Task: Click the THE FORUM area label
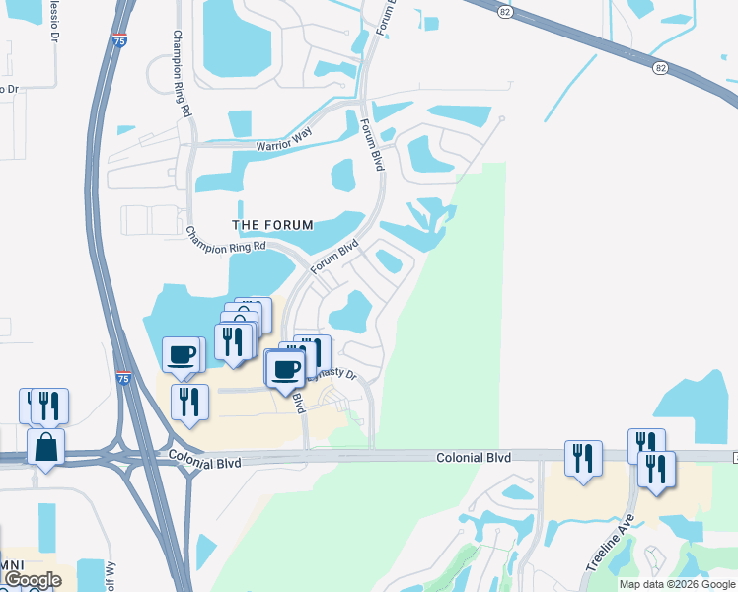272,225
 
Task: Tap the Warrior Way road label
283,146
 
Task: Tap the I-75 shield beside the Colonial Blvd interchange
122,378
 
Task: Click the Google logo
32,580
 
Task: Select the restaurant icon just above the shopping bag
48,406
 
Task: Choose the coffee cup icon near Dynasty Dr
286,369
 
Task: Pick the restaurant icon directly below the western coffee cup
189,403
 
